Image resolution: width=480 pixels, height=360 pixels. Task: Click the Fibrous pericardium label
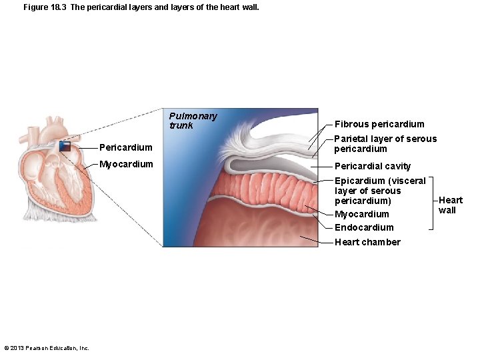[x=379, y=124]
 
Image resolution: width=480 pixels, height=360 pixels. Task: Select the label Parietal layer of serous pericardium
[x=385, y=144]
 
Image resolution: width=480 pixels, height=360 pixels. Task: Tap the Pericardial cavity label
[x=373, y=166]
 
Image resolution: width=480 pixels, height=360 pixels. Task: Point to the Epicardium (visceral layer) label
[x=379, y=191]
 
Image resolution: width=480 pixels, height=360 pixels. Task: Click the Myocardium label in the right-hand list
[x=361, y=214]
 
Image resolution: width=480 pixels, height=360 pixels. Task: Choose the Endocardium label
[x=364, y=227]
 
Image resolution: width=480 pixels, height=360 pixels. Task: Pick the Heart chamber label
[x=367, y=242]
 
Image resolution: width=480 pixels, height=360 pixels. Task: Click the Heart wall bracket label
[x=450, y=205]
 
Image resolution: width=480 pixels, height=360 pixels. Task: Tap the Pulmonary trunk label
[x=193, y=121]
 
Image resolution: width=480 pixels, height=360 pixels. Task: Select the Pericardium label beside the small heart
[x=125, y=147]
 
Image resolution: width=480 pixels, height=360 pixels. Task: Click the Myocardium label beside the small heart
[x=126, y=164]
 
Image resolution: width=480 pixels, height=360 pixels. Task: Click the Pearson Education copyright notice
[x=47, y=348]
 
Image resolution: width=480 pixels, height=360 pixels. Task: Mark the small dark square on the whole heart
[x=65, y=146]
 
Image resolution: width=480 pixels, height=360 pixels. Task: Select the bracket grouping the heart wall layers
[x=433, y=202]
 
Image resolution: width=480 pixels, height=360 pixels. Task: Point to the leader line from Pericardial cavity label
[x=322, y=166]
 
